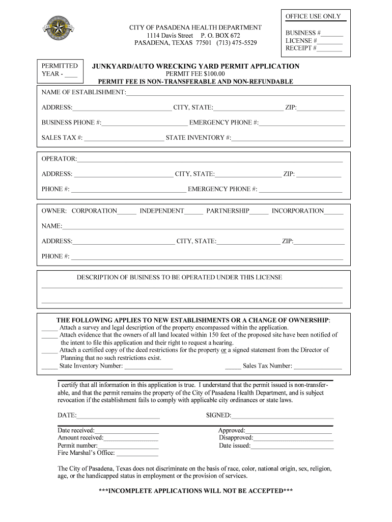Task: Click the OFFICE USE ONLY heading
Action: [x=313, y=16]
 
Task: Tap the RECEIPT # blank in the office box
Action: [x=330, y=49]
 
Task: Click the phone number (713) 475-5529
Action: [x=237, y=43]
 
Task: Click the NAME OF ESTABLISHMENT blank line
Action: [x=235, y=93]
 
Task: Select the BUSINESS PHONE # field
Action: [x=145, y=123]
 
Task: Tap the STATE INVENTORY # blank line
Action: [x=288, y=139]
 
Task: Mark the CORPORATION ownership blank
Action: [x=127, y=212]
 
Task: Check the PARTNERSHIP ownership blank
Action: [x=259, y=212]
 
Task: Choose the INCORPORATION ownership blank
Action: [x=333, y=212]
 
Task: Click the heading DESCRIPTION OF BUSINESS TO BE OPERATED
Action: [x=179, y=278]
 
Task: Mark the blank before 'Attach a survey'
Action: [x=49, y=328]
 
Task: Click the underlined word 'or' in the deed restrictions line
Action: [x=223, y=350]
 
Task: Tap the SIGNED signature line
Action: [x=283, y=416]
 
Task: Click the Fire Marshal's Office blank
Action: [x=137, y=454]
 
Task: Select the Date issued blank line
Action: [x=292, y=447]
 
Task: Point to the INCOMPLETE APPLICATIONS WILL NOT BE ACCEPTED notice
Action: [x=195, y=491]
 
